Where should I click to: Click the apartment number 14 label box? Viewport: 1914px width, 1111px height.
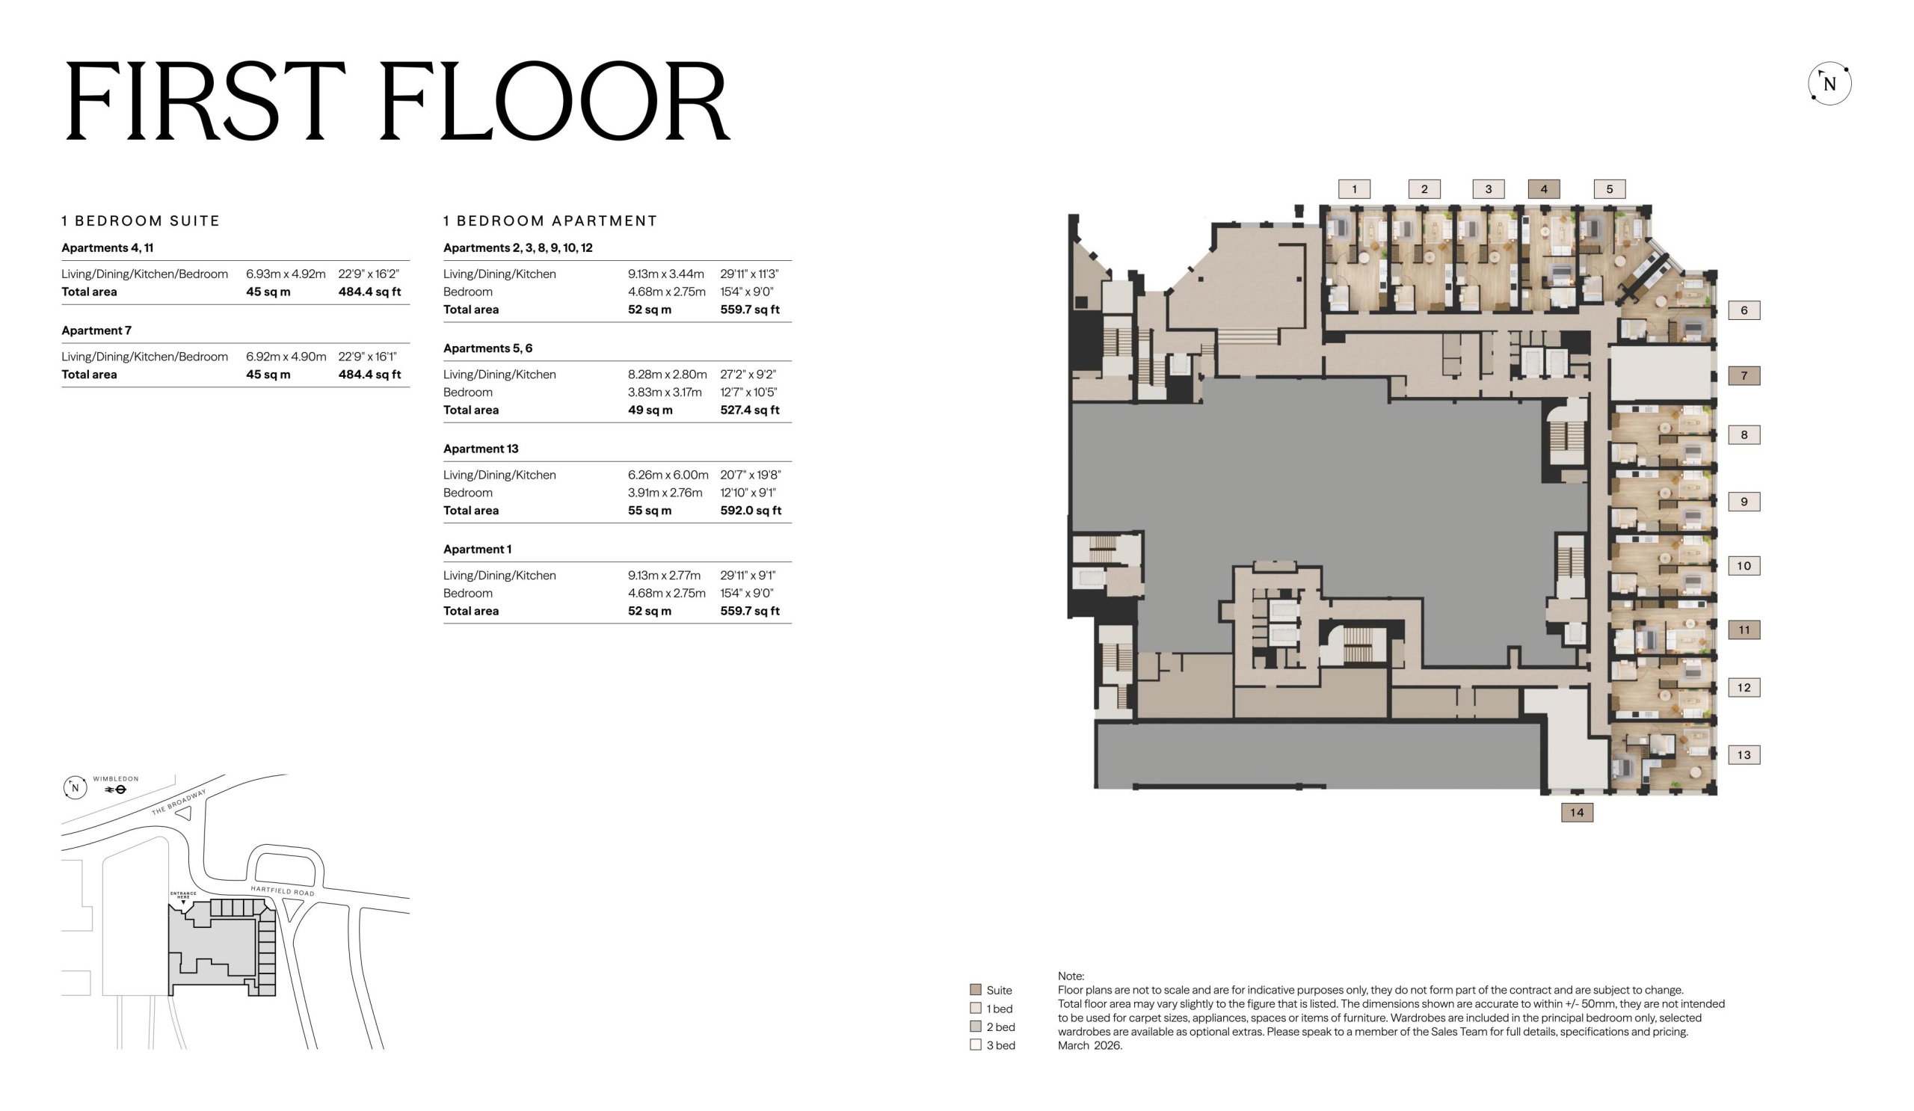[x=1577, y=813]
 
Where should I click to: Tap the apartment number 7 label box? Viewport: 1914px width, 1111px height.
[x=1744, y=375]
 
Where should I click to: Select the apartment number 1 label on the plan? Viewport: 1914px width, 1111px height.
[x=1354, y=189]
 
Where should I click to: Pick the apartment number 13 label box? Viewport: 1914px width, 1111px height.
[x=1744, y=755]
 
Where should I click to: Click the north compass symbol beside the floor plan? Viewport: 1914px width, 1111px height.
[x=1829, y=84]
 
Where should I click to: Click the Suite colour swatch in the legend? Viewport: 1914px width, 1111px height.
[x=975, y=989]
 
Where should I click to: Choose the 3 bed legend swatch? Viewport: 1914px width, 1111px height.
[x=975, y=1044]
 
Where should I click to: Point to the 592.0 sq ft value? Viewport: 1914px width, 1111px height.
[x=751, y=511]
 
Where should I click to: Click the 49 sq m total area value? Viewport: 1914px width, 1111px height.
[x=650, y=410]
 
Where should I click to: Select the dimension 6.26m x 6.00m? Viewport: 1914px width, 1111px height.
[x=668, y=475]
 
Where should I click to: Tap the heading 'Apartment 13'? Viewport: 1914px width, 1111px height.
[x=481, y=449]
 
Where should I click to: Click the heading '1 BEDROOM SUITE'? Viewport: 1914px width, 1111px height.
[x=141, y=221]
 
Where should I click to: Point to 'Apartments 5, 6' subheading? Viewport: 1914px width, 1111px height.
[x=487, y=348]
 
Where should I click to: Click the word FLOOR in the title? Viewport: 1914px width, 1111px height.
[x=555, y=101]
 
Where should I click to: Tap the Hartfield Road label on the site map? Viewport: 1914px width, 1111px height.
[x=283, y=890]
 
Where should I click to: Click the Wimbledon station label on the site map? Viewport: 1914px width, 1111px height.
[x=115, y=778]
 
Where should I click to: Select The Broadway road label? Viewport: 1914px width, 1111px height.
[x=179, y=802]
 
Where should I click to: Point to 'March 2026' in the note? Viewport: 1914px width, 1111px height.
[x=1090, y=1046]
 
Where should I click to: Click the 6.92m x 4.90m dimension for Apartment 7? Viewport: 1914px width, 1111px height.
[x=286, y=356]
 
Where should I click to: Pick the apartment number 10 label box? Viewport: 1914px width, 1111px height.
[x=1744, y=566]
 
